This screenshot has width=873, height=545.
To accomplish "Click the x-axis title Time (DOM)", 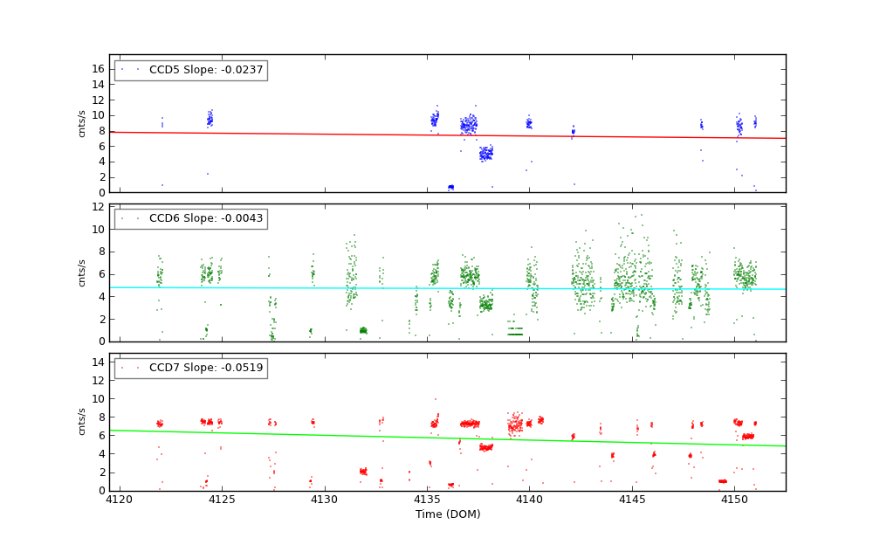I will tap(447, 514).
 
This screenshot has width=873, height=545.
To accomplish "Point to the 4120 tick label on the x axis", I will tap(120, 500).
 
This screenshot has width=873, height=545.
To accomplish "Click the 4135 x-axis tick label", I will tap(427, 500).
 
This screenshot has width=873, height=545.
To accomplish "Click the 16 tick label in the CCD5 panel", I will tap(98, 69).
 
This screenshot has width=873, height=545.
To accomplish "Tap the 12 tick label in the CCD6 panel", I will tap(98, 207).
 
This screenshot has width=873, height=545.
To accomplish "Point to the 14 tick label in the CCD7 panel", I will tap(98, 362).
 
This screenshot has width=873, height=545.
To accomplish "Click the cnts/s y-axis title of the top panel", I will tap(83, 123).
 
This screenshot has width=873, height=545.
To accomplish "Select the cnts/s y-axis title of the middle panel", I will tap(83, 272).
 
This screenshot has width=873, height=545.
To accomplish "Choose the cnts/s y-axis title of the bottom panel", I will tap(83, 422).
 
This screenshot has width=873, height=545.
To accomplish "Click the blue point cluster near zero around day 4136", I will tap(450, 187).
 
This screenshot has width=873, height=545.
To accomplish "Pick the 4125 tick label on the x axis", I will tap(222, 500).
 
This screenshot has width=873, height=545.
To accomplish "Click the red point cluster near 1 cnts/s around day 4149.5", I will tap(722, 481).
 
